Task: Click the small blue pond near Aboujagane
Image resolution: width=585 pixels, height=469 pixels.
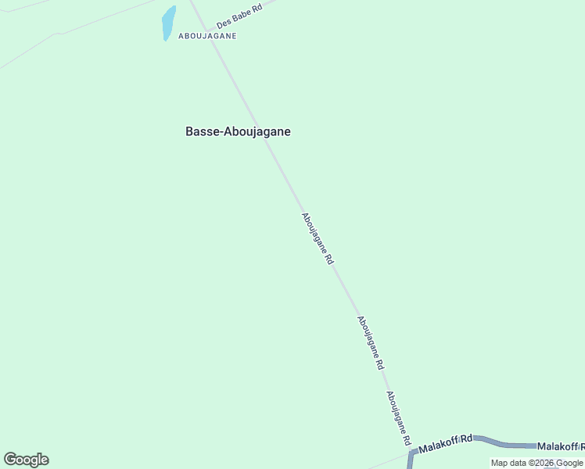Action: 168,23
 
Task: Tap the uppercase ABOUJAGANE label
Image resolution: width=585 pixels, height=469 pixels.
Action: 207,36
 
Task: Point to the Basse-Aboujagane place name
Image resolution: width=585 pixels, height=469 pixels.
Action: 238,132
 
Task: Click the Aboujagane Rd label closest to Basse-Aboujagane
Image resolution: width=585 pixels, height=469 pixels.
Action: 318,240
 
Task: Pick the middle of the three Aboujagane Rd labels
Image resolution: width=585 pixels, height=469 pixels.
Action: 371,342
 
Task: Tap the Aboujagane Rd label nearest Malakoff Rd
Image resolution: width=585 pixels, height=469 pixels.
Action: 398,418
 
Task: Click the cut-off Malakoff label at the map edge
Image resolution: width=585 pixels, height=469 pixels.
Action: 560,446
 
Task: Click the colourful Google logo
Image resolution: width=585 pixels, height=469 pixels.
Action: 26,460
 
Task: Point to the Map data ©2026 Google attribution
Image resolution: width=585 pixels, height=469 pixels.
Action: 537,464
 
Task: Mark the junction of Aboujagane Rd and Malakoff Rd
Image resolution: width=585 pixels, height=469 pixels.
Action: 412,452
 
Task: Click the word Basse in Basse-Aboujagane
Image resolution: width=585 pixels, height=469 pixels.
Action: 203,132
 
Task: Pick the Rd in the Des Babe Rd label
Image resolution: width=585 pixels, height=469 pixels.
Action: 257,8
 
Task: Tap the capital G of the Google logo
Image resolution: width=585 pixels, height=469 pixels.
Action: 10,460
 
